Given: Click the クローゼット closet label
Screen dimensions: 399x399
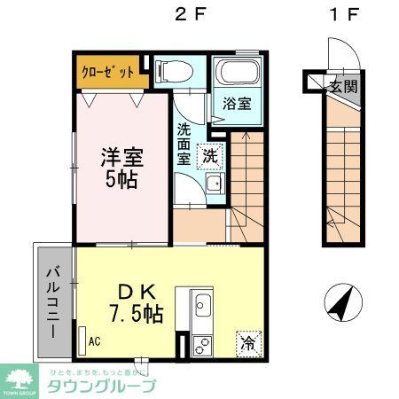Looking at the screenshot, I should tap(111, 71).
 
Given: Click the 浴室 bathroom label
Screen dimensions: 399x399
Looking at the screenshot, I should tap(237, 102).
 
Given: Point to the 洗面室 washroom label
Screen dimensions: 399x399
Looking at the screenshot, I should tap(183, 143).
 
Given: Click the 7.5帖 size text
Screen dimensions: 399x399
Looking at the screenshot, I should tap(135, 313).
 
